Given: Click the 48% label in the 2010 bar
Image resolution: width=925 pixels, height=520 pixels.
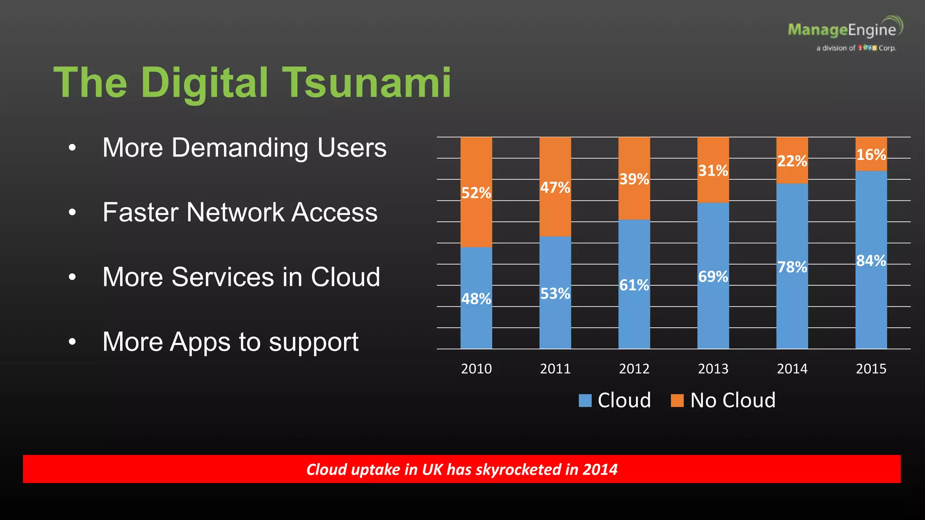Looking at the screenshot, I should click(x=476, y=299).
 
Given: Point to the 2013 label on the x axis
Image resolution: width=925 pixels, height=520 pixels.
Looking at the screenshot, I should click(x=713, y=369).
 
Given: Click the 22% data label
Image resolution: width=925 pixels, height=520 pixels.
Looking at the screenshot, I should click(x=792, y=161).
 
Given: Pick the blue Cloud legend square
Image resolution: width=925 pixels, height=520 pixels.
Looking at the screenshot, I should click(x=585, y=400).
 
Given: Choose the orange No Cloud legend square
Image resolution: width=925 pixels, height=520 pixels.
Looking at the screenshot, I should click(x=677, y=400).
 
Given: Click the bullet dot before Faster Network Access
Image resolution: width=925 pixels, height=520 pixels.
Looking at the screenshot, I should click(x=72, y=212).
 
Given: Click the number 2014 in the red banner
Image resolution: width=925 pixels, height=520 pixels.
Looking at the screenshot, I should click(x=600, y=469).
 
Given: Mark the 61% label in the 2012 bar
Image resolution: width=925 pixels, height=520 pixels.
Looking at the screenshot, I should click(x=634, y=285).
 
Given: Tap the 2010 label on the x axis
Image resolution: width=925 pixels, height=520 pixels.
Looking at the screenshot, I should click(x=476, y=369).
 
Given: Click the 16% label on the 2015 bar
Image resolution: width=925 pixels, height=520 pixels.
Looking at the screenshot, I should click(x=871, y=155).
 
